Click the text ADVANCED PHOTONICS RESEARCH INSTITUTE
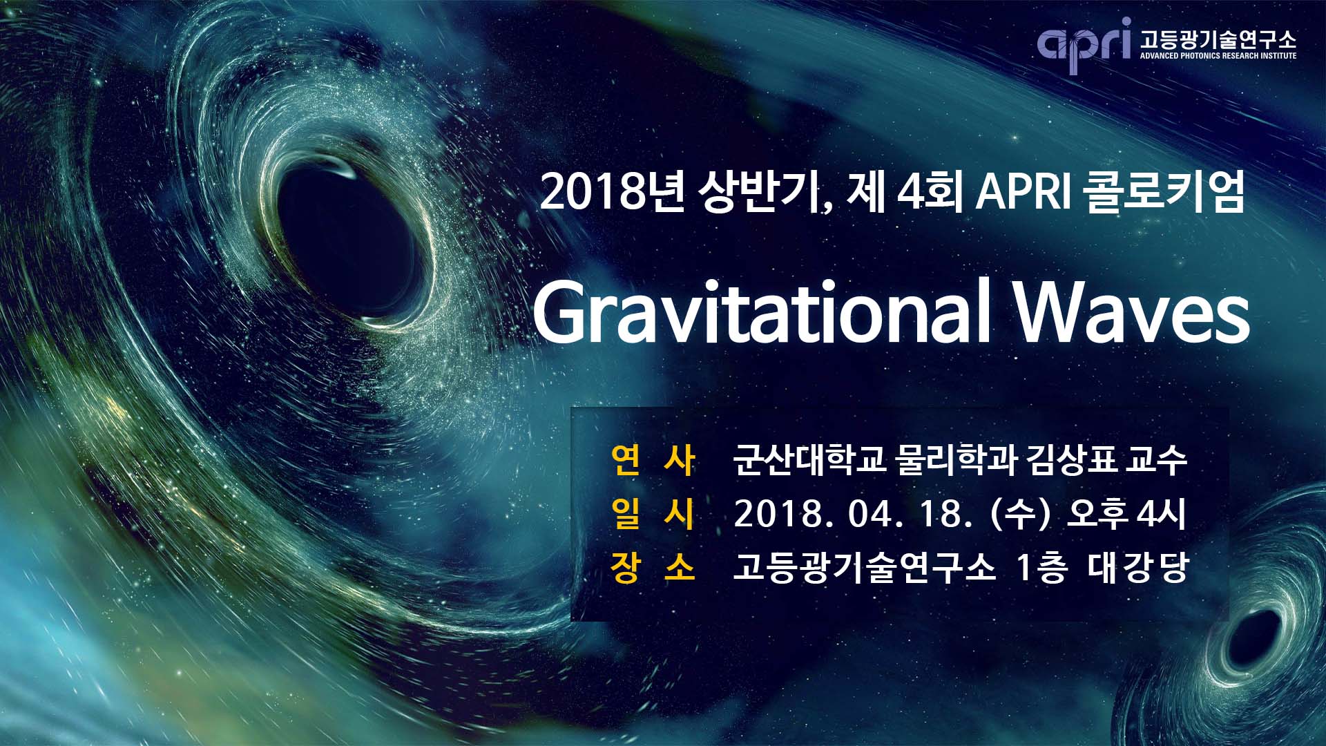pos(1218,55)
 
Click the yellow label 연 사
pos(653,460)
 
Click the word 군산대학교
pos(809,460)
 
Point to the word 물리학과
pos(956,460)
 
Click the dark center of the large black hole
pos(345,242)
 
